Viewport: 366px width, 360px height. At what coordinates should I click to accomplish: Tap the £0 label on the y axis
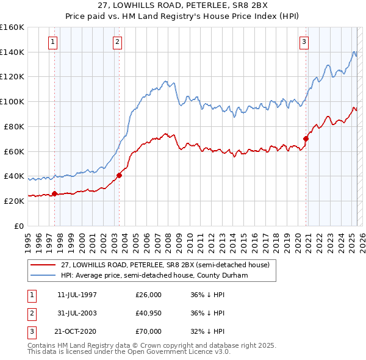[19, 226]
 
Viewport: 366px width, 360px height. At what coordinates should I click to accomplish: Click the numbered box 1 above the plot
[54, 42]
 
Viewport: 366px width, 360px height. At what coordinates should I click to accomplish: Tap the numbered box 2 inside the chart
[117, 42]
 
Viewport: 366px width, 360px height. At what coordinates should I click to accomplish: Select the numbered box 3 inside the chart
[304, 42]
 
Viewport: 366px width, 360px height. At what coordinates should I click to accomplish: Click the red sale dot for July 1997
[54, 193]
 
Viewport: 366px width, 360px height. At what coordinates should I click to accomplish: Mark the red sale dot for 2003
[120, 175]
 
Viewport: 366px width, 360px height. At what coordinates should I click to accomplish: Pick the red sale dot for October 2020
[306, 139]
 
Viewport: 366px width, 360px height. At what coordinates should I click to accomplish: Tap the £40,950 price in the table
[148, 314]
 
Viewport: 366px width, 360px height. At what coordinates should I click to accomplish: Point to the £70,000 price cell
[148, 332]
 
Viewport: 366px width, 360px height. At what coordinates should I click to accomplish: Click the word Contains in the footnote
[42, 345]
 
